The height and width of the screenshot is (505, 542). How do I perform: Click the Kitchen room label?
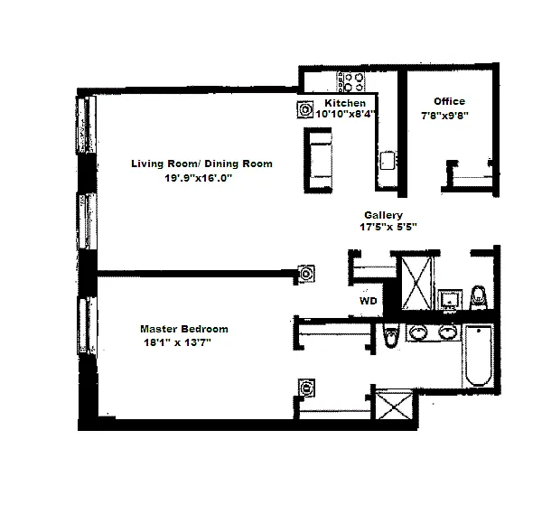pos(345,103)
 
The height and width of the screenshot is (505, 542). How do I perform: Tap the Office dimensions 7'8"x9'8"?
pos(444,115)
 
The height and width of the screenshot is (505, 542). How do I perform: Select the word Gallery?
pos(383,215)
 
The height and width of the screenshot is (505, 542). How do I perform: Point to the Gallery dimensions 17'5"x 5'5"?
pos(388,227)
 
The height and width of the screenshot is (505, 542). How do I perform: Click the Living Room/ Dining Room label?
pos(201,164)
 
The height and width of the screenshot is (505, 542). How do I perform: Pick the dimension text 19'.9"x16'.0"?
pos(198,178)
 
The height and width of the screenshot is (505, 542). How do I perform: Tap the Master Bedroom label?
pos(184,329)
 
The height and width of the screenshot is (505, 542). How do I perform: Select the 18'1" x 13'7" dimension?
pos(177,342)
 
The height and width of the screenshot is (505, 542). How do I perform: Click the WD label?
pos(369,301)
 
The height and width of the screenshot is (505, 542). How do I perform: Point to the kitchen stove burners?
pos(351,82)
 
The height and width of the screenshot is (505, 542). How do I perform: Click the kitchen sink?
pos(388,161)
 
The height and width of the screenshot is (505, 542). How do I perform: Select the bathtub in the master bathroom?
pos(479,355)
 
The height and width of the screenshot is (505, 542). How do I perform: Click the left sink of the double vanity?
pos(418,332)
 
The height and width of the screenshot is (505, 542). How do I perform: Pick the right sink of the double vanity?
pos(448,332)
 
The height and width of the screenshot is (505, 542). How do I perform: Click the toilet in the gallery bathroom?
pos(479,297)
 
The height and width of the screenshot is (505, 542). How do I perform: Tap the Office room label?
pos(449,101)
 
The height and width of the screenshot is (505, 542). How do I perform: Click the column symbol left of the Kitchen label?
pos(305,109)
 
